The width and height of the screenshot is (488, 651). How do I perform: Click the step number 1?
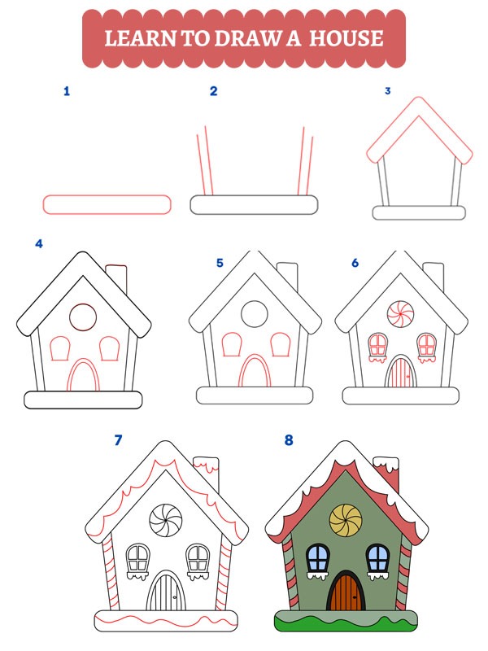click(67, 91)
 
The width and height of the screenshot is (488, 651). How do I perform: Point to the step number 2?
click(214, 91)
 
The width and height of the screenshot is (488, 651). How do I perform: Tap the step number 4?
click(37, 243)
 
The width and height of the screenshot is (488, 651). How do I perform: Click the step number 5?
click(220, 263)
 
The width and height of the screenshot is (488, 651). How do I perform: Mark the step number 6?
click(355, 263)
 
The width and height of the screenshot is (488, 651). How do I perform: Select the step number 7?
click(119, 440)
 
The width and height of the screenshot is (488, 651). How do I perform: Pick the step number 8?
click(288, 440)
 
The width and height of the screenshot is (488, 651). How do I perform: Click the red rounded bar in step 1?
click(107, 204)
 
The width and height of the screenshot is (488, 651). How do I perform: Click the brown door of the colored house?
click(345, 592)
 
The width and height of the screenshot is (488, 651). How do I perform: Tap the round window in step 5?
click(255, 313)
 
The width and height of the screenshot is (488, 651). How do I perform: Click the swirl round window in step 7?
click(167, 518)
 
